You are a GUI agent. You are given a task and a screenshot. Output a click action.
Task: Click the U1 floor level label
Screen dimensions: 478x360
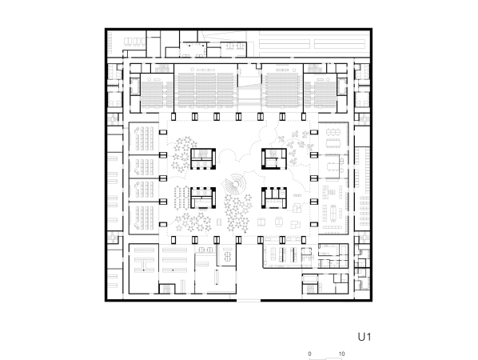[364, 337]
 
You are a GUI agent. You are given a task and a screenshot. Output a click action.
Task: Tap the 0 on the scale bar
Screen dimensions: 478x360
[309, 354]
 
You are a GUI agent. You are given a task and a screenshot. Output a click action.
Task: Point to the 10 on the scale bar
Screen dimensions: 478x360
[342, 354]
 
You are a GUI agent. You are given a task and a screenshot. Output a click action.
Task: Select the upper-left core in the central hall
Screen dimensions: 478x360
[203, 158]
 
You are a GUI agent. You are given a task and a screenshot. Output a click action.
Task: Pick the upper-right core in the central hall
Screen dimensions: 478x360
[274, 158]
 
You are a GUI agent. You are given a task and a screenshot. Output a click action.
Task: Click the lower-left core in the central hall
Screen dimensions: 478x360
[203, 198]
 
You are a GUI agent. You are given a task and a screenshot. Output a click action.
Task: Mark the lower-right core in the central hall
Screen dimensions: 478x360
[274, 198]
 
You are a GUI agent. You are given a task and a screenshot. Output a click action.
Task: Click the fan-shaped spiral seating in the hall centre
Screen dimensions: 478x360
[234, 184]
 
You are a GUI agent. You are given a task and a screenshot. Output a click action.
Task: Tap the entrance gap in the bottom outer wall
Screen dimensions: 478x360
[249, 301]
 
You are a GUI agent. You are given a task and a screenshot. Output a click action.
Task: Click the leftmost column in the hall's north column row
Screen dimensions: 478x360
[173, 117]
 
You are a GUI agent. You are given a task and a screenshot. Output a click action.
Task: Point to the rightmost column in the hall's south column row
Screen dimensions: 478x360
[304, 240]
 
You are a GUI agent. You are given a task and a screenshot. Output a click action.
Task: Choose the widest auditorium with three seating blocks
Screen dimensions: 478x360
[205, 90]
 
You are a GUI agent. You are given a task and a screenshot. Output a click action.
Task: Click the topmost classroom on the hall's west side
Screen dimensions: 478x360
[144, 139]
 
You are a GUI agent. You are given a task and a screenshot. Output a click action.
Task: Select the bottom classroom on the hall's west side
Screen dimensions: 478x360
[144, 218]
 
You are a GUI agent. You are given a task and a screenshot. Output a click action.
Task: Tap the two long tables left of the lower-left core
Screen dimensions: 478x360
[182, 198]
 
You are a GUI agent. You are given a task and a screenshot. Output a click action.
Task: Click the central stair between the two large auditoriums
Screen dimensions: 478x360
[249, 89]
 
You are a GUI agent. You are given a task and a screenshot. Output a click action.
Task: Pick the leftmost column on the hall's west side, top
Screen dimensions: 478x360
[163, 132]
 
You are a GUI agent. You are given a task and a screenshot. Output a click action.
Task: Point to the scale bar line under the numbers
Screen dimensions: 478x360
[325, 358]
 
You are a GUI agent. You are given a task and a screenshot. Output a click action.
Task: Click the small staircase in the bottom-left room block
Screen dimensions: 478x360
[166, 289]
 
